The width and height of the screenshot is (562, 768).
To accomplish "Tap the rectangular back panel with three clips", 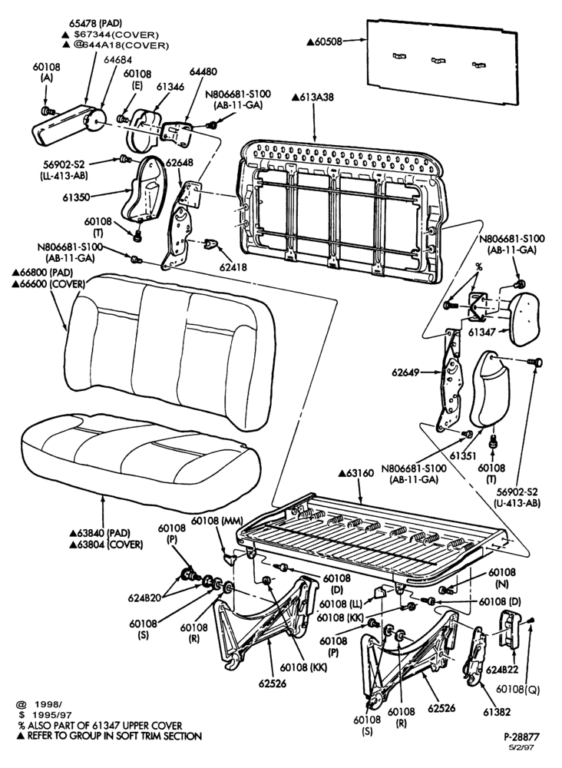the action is pos(442,61).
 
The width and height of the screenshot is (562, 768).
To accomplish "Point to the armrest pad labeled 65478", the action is pos(64,125).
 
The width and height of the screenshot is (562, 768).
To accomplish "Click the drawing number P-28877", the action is pos(522,737).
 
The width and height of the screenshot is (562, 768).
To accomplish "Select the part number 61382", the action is pos(497,712).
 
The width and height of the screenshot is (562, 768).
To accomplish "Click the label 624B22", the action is pos(502,669).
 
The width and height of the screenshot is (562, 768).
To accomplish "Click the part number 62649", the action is pos(405,372).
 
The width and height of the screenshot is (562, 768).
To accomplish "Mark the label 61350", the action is pos(76,197).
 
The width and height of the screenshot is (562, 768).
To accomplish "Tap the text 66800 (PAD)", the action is pos(43,272).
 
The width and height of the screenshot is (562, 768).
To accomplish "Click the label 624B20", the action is pos(144,598).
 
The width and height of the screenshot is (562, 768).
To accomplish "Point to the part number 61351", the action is pos(464,455).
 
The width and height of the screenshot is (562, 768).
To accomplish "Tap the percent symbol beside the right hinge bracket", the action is pos(479,267).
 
